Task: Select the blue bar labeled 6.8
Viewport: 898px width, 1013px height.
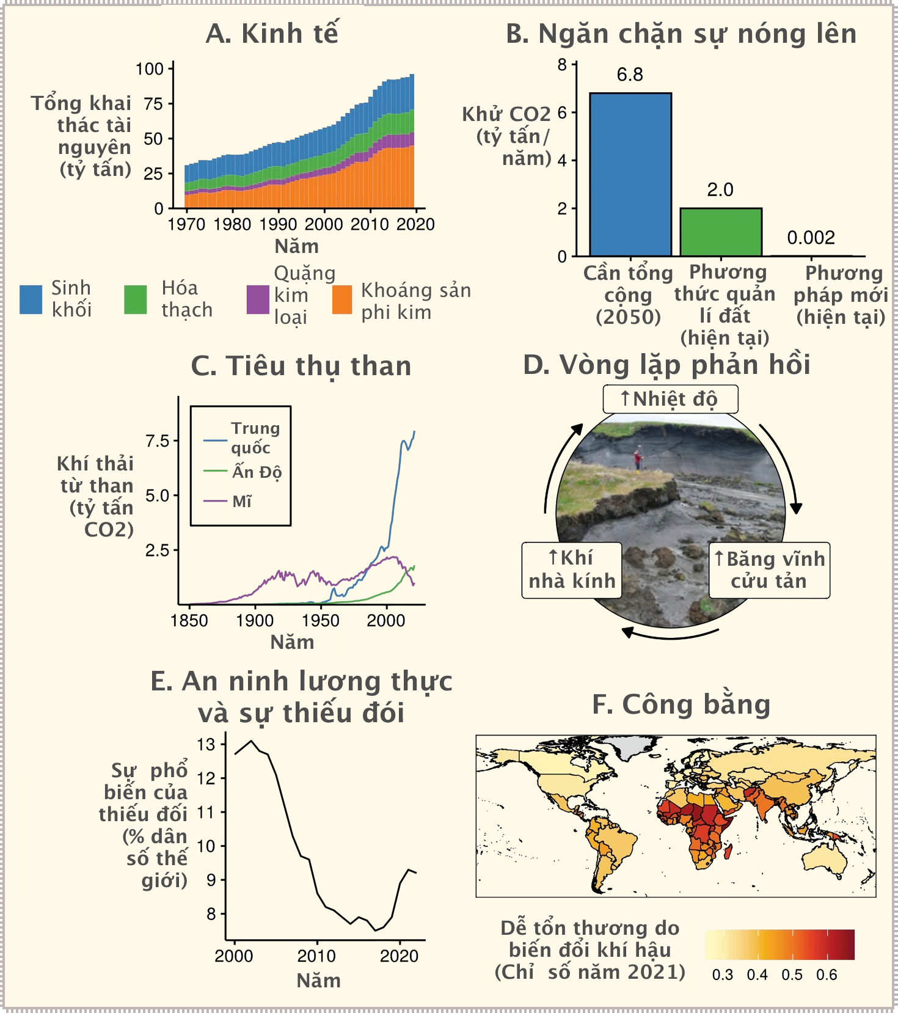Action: (630, 174)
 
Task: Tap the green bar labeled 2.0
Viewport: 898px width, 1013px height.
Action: (721, 232)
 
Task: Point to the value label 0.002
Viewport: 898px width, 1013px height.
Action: (811, 238)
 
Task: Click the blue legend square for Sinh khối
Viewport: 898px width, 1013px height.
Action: (31, 299)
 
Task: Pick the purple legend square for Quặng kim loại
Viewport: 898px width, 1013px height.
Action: (257, 299)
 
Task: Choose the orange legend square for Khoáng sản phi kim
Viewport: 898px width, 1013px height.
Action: (342, 299)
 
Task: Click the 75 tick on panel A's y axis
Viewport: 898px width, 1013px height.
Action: (154, 104)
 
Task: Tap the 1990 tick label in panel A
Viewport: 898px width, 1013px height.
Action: (278, 224)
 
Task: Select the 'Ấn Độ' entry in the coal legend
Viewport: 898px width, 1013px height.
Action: (257, 472)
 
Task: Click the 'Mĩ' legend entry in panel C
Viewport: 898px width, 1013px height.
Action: (242, 502)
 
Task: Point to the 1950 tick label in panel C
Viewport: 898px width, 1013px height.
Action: (320, 621)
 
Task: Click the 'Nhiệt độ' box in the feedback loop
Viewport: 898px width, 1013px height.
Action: (670, 400)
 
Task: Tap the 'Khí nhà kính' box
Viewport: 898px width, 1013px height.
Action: (572, 569)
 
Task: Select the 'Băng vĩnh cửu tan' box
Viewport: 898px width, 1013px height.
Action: (769, 569)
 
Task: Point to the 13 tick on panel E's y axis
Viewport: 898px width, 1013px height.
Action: (206, 745)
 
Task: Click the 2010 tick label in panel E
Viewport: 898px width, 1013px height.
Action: (316, 956)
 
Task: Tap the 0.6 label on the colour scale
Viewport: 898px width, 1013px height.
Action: (827, 975)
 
